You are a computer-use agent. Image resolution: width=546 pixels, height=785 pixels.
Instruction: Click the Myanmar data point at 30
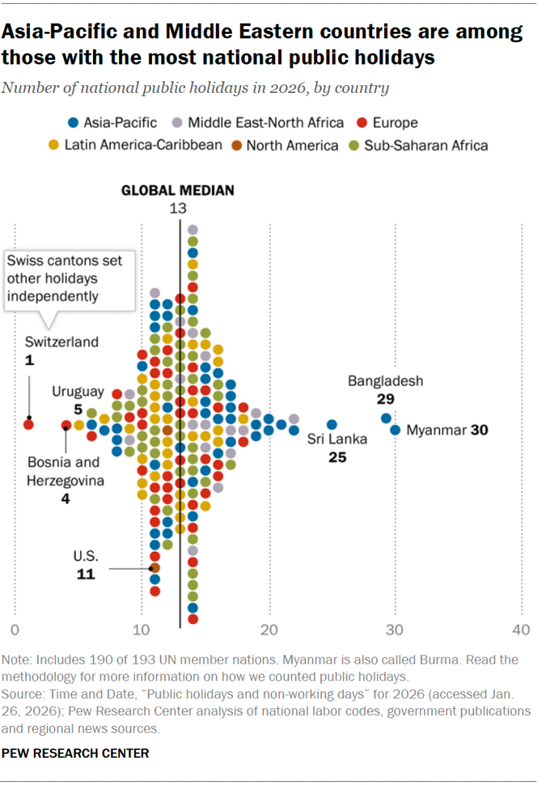[x=395, y=430]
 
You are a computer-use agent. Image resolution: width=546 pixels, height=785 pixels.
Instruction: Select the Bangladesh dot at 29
[x=386, y=418]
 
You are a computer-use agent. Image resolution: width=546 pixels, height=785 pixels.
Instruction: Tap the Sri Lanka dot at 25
[x=332, y=424]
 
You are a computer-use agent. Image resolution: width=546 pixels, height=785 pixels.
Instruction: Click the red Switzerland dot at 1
[x=28, y=424]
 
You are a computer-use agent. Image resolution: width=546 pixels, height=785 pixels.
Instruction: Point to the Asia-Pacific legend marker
[x=74, y=122]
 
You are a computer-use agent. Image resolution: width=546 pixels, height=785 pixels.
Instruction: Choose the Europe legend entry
[x=395, y=122]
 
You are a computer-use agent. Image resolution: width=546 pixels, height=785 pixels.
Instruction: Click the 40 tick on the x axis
[x=521, y=630]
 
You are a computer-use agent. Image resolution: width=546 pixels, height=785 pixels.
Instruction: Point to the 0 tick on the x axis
[x=15, y=630]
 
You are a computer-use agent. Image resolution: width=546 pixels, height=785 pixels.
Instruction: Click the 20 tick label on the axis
[x=268, y=630]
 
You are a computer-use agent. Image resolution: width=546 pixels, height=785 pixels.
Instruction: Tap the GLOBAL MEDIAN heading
[x=178, y=190]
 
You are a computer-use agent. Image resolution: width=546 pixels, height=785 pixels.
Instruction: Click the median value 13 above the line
[x=178, y=207]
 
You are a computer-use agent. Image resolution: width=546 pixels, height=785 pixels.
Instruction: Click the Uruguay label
[x=78, y=391]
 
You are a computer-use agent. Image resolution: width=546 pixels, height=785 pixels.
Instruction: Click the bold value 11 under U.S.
[x=86, y=573]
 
